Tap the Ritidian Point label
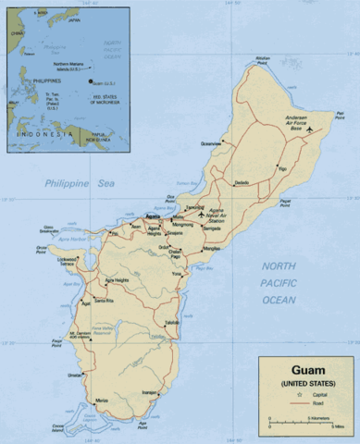tap(263, 60)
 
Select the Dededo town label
tap(242, 182)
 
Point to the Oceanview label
tap(212, 144)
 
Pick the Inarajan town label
tap(146, 392)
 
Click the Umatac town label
tap(75, 375)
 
